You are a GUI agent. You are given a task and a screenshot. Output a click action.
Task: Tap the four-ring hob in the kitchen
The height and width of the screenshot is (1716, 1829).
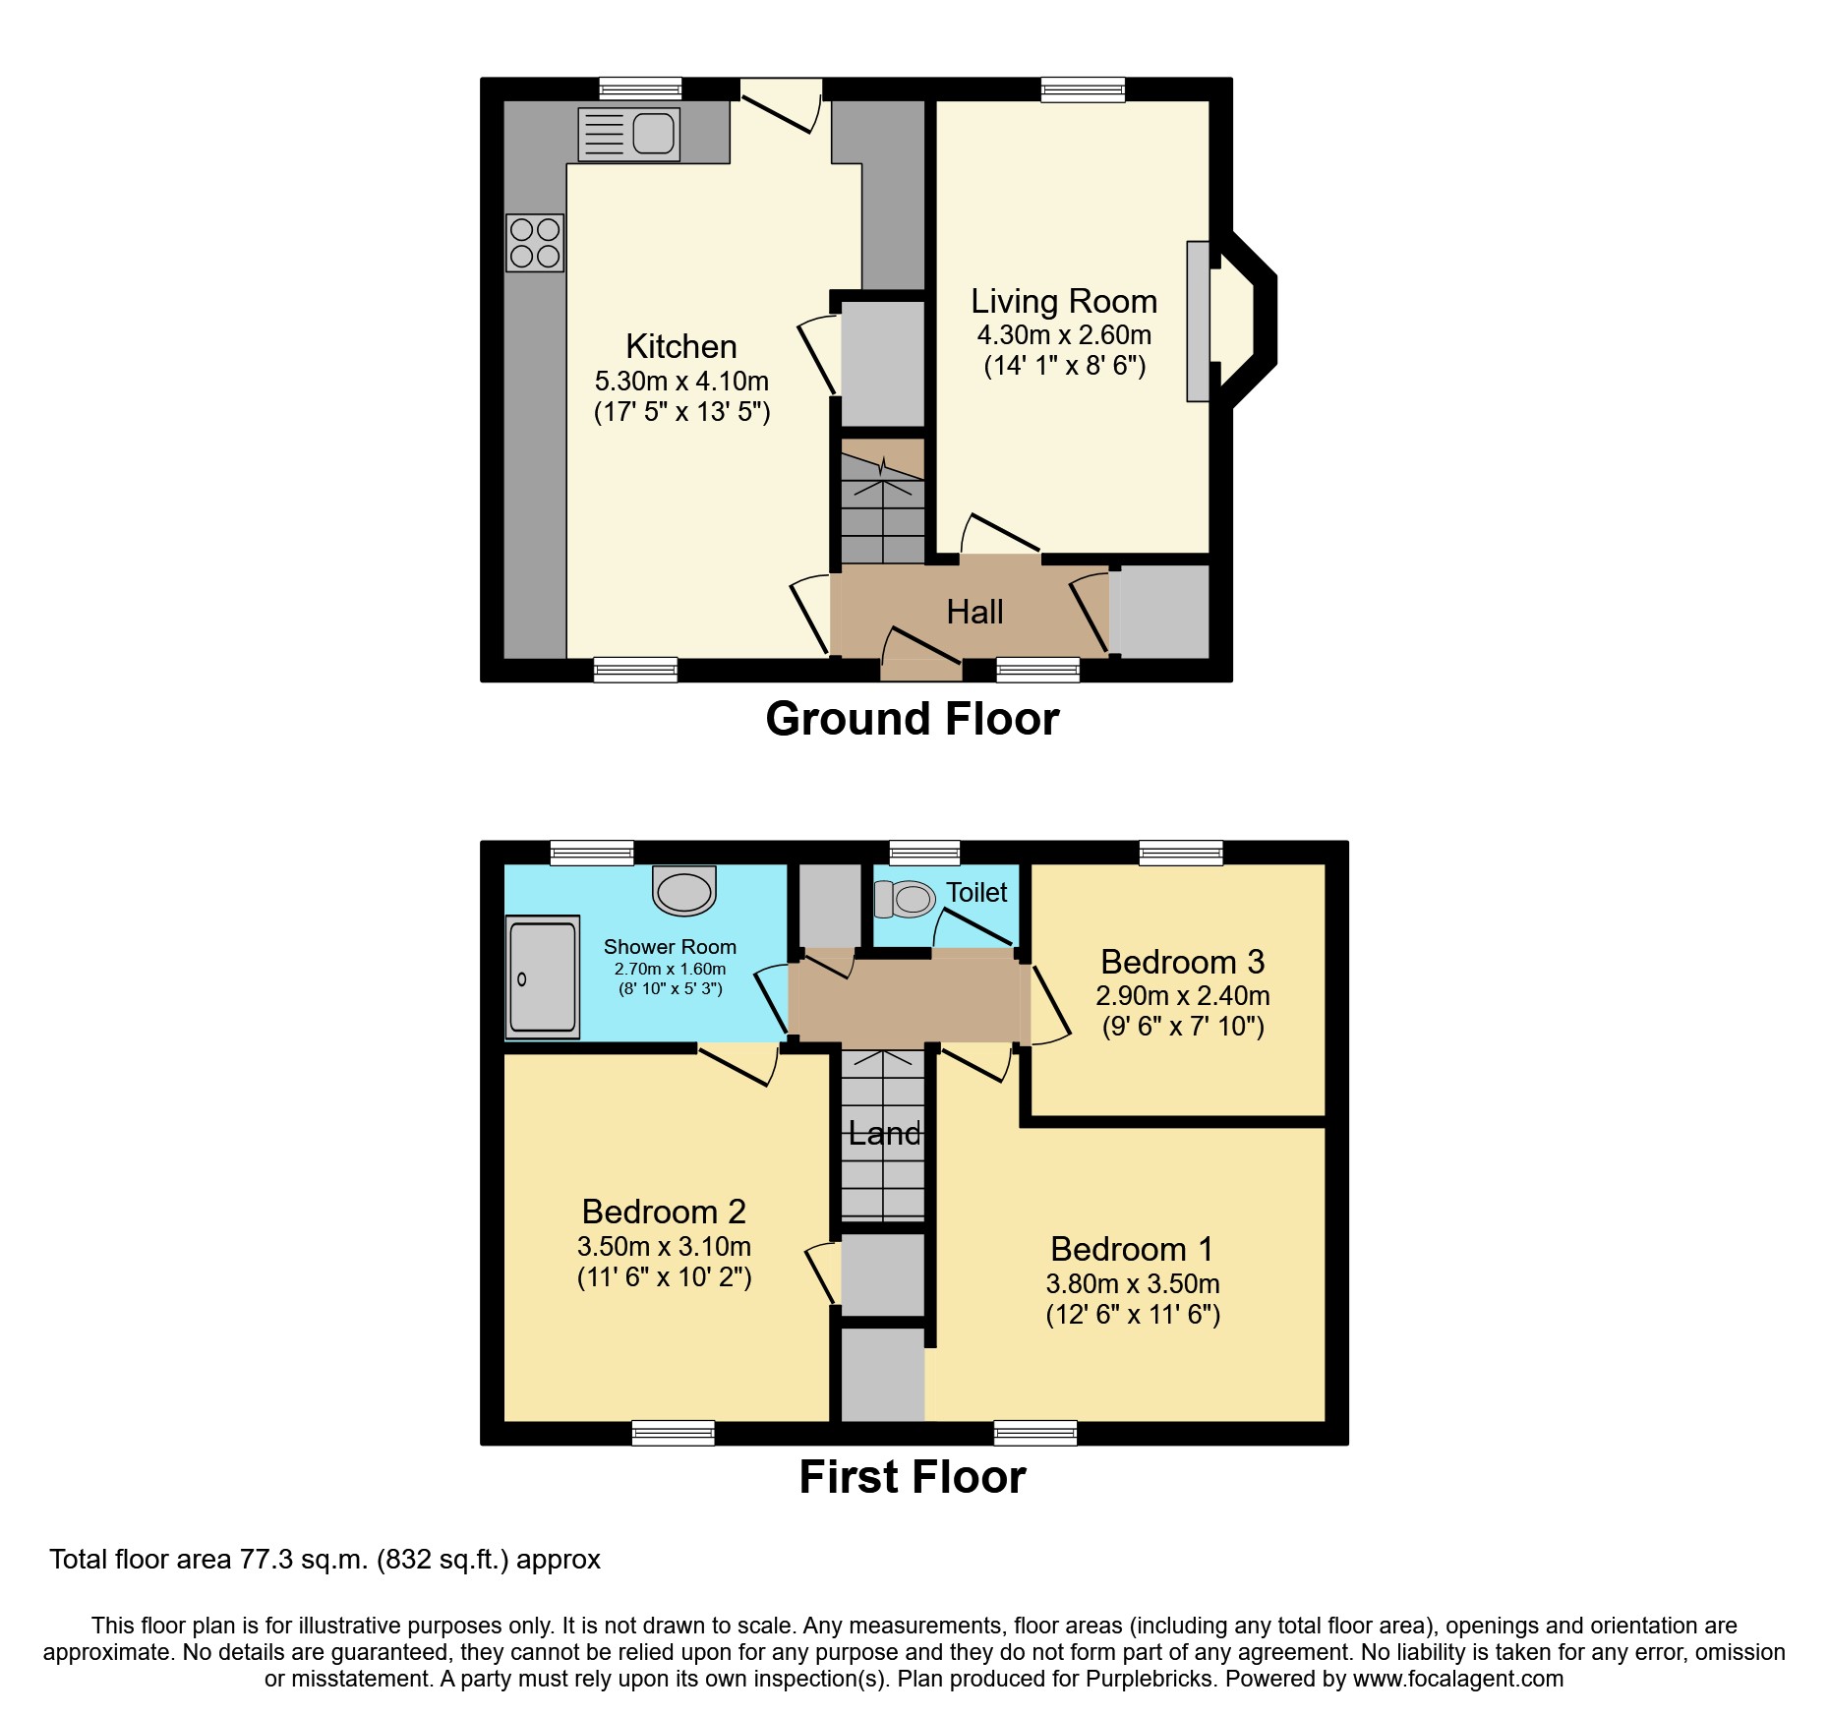tap(535, 243)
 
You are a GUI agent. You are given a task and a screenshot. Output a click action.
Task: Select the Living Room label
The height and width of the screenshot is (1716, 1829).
tap(1063, 301)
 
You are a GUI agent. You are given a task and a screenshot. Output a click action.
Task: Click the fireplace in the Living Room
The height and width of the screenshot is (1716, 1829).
tap(1198, 321)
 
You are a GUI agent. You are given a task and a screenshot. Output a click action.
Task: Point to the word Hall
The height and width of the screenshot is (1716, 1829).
tap(974, 613)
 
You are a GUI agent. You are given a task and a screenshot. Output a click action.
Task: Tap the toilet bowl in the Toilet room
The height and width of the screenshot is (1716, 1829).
tap(906, 899)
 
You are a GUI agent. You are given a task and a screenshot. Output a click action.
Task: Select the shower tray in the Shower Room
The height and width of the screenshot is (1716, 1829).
tap(542, 977)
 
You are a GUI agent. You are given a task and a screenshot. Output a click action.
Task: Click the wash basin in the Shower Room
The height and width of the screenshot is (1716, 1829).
tap(684, 892)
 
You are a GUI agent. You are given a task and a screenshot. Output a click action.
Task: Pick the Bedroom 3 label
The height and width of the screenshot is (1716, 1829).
tap(1182, 962)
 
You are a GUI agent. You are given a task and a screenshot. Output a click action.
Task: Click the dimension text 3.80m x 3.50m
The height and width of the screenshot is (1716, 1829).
tap(1133, 1284)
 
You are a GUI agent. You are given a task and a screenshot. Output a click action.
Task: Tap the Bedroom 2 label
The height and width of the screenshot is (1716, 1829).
tap(664, 1212)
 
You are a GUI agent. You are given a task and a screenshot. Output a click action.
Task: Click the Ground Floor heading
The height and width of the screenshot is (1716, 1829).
tap(912, 719)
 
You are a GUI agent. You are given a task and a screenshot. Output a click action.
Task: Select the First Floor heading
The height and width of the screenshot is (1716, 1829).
tap(912, 1477)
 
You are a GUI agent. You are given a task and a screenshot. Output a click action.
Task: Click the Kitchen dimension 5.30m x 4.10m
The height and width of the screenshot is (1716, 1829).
tap(681, 382)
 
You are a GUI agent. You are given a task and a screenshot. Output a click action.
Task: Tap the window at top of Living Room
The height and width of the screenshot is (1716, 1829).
tap(1083, 89)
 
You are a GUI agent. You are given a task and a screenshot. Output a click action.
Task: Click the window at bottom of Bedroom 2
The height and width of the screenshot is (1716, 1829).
tap(673, 1433)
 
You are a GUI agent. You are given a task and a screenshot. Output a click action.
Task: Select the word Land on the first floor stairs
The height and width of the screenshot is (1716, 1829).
tap(884, 1134)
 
